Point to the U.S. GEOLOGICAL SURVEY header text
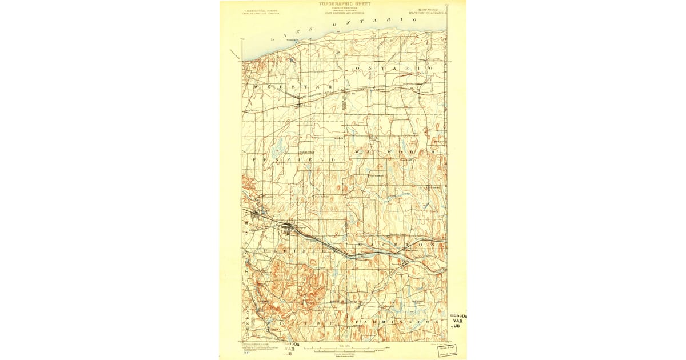coord(259,10)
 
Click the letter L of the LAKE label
coord(273,39)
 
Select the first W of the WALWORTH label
coord(357,152)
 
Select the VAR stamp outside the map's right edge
coord(457,321)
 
